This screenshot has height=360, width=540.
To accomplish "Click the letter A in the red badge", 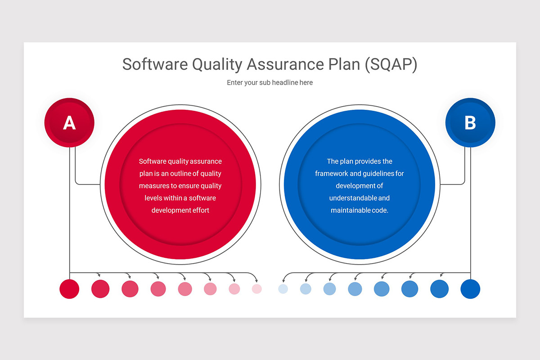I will point(69,123).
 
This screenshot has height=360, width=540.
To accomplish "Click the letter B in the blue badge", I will point(470,123).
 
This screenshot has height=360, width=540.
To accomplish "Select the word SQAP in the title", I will point(391,64).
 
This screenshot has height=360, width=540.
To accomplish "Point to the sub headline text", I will point(270,83).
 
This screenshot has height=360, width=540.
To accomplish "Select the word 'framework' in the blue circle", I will point(333,173).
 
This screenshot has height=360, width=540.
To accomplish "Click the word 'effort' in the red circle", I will point(200,210).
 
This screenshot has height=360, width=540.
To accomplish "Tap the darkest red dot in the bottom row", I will point(69,289).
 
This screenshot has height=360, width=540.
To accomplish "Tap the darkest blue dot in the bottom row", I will point(470,289).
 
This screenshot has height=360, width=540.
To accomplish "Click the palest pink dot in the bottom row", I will point(256,289).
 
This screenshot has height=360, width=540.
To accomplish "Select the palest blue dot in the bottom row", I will point(283,289).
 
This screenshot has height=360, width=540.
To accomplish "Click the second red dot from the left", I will point(100,289).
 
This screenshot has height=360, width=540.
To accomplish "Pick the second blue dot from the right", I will point(439,289).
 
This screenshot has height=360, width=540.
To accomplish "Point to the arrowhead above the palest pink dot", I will point(256,280).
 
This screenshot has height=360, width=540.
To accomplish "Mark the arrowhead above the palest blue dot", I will point(283,280).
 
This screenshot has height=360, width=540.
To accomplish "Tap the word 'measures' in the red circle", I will point(153,185).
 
